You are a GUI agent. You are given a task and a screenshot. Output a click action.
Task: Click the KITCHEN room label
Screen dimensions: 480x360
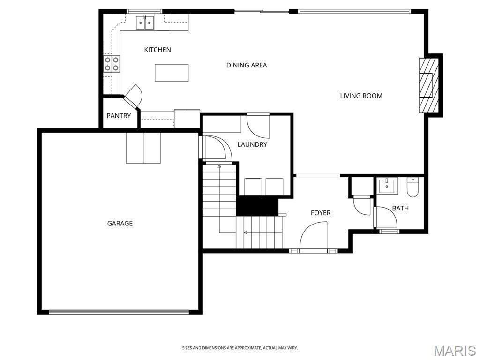coord(157,50)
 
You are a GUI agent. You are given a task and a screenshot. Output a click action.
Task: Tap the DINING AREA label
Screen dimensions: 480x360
coord(247,65)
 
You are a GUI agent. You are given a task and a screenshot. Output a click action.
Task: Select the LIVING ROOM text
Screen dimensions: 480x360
coord(361,96)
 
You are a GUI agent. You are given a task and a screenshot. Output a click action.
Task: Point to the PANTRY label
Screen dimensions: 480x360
coord(119,116)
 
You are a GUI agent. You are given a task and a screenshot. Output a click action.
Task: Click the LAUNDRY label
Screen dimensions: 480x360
coord(252,144)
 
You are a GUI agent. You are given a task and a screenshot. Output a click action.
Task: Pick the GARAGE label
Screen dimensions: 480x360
coord(120,224)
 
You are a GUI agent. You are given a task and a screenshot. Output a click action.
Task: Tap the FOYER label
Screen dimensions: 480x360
coord(321,213)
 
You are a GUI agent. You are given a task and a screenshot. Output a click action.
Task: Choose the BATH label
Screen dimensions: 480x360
coord(400,208)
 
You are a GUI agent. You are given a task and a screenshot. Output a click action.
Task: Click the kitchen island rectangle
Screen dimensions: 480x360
coord(172,73)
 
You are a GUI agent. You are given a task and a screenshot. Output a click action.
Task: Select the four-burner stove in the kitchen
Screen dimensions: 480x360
coord(112,64)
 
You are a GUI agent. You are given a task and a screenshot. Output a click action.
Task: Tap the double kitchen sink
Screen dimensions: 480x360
coord(145,22)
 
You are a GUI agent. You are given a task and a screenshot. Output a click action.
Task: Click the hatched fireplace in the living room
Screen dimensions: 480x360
coord(429,85)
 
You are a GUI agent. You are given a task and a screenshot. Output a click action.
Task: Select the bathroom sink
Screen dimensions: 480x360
coord(387,186)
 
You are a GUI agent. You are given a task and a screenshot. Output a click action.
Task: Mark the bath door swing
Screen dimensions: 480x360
coord(386,217)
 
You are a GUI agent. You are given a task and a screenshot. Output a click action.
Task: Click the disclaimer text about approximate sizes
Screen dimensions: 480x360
coord(240,348)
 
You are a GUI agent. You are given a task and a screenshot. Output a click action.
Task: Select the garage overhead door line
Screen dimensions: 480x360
coord(119,312)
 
